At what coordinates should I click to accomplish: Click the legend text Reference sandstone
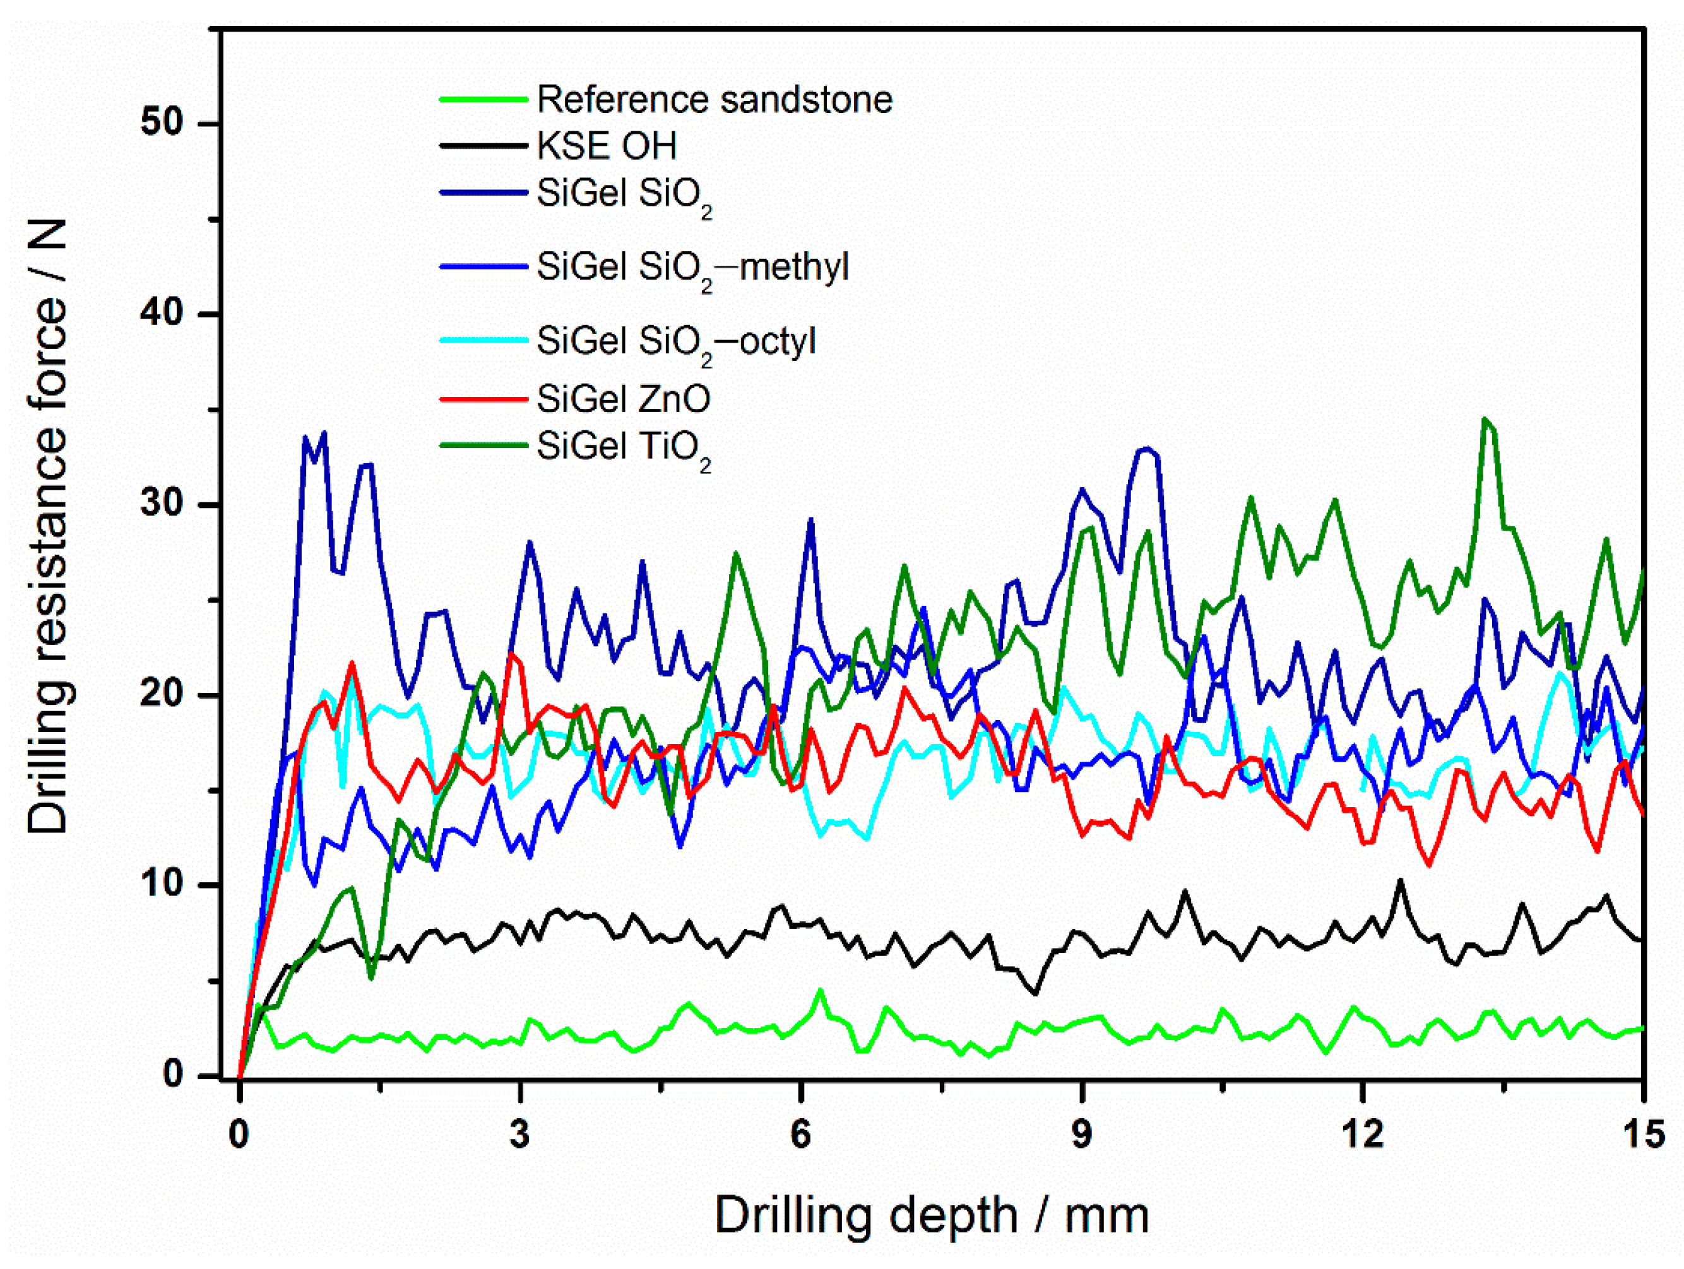(x=714, y=100)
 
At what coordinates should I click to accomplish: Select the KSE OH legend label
(x=606, y=145)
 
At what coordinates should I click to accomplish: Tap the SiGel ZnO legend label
(x=623, y=398)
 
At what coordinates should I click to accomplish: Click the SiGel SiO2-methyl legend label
(x=691, y=267)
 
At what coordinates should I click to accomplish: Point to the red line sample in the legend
(x=483, y=398)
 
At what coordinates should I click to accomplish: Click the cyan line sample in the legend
(x=483, y=340)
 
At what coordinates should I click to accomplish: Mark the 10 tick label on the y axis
(x=162, y=884)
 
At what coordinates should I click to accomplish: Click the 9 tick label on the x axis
(x=1081, y=1134)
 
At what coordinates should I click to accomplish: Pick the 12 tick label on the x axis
(x=1361, y=1134)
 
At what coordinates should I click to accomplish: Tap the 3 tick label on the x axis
(x=519, y=1134)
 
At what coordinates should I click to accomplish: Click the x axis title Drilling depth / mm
(x=931, y=1216)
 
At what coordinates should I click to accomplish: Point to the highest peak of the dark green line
(x=1485, y=418)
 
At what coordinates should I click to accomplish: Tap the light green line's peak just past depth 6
(x=820, y=989)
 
